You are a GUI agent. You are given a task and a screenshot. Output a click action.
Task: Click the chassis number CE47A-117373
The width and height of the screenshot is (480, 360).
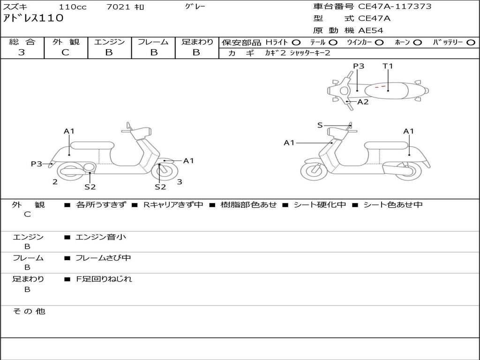[x=395, y=7]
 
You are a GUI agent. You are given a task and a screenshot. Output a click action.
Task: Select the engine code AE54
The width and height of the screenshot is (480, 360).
[x=371, y=30]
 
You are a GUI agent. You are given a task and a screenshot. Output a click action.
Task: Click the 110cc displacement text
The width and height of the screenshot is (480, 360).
[x=72, y=7]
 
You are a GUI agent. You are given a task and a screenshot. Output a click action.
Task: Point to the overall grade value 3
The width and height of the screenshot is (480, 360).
[x=22, y=52]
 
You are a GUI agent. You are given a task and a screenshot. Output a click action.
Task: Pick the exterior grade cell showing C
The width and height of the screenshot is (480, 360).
[x=66, y=52]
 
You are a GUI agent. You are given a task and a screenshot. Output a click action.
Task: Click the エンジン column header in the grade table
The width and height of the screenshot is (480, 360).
[x=109, y=42]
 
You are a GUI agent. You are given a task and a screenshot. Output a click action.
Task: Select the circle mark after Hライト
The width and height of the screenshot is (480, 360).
[x=297, y=42]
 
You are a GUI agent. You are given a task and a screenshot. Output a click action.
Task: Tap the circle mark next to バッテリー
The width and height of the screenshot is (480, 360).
[x=471, y=42]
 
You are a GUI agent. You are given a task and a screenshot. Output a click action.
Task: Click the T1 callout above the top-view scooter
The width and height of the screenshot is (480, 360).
[x=388, y=66]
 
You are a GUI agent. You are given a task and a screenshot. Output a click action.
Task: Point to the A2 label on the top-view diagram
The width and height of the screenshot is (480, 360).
[x=363, y=102]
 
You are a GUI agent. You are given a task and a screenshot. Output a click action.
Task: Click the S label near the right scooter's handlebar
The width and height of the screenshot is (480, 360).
[x=320, y=125]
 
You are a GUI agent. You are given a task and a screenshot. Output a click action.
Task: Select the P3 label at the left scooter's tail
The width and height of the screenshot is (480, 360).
[x=37, y=164]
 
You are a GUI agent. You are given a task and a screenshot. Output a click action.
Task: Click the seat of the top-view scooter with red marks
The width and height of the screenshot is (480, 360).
[x=389, y=90]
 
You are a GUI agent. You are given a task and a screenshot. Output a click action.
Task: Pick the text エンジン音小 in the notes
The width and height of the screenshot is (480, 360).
[x=101, y=237]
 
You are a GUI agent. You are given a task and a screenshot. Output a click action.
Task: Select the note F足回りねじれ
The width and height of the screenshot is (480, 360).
[x=104, y=279]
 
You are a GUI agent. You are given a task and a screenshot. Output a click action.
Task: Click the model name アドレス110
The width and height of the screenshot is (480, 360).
[x=33, y=19]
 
